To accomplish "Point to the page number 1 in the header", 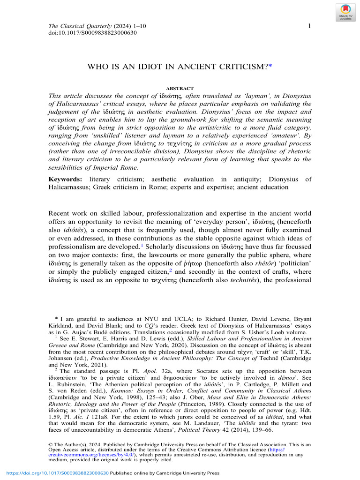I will [x=309, y=26].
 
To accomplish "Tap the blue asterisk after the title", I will [x=270, y=67].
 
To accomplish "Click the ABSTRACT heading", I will [x=180, y=88].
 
